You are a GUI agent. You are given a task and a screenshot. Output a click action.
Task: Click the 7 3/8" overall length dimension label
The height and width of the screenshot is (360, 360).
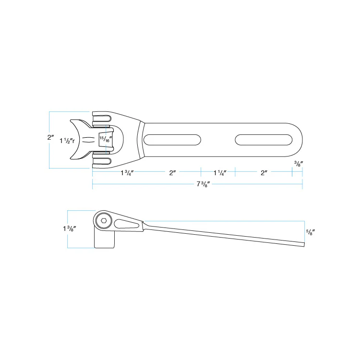click(x=202, y=185)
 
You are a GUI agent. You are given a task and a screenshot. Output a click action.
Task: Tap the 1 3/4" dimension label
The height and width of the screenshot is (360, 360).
click(x=127, y=173)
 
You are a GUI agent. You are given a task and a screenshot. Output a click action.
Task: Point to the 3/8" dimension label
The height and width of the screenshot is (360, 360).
click(x=298, y=164)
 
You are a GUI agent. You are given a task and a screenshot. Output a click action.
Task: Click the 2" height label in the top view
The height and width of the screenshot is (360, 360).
click(x=50, y=137)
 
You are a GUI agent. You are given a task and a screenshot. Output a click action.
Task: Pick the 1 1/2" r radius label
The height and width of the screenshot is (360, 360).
click(x=67, y=141)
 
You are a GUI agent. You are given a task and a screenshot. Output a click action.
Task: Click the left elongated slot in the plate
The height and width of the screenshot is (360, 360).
click(x=172, y=140)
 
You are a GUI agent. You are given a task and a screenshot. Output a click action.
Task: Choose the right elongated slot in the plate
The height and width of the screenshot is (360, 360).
click(x=264, y=140)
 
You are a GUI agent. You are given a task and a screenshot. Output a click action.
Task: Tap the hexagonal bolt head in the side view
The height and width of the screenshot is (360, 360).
click(x=104, y=221)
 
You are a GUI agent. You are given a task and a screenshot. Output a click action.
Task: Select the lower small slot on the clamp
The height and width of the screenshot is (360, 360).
click(x=101, y=161)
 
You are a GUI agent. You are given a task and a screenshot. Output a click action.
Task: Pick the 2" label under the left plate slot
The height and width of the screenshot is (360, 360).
click(x=173, y=173)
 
